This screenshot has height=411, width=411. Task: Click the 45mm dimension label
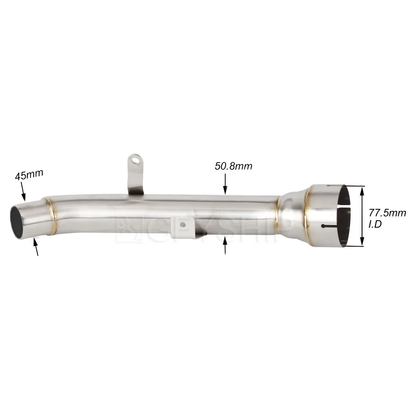29,175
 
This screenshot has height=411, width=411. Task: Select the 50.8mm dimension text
233,166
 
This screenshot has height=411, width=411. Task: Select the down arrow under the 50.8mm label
225,184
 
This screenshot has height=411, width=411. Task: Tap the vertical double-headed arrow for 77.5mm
362,216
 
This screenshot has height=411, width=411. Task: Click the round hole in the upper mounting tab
134,159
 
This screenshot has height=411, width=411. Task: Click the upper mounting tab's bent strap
136,177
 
